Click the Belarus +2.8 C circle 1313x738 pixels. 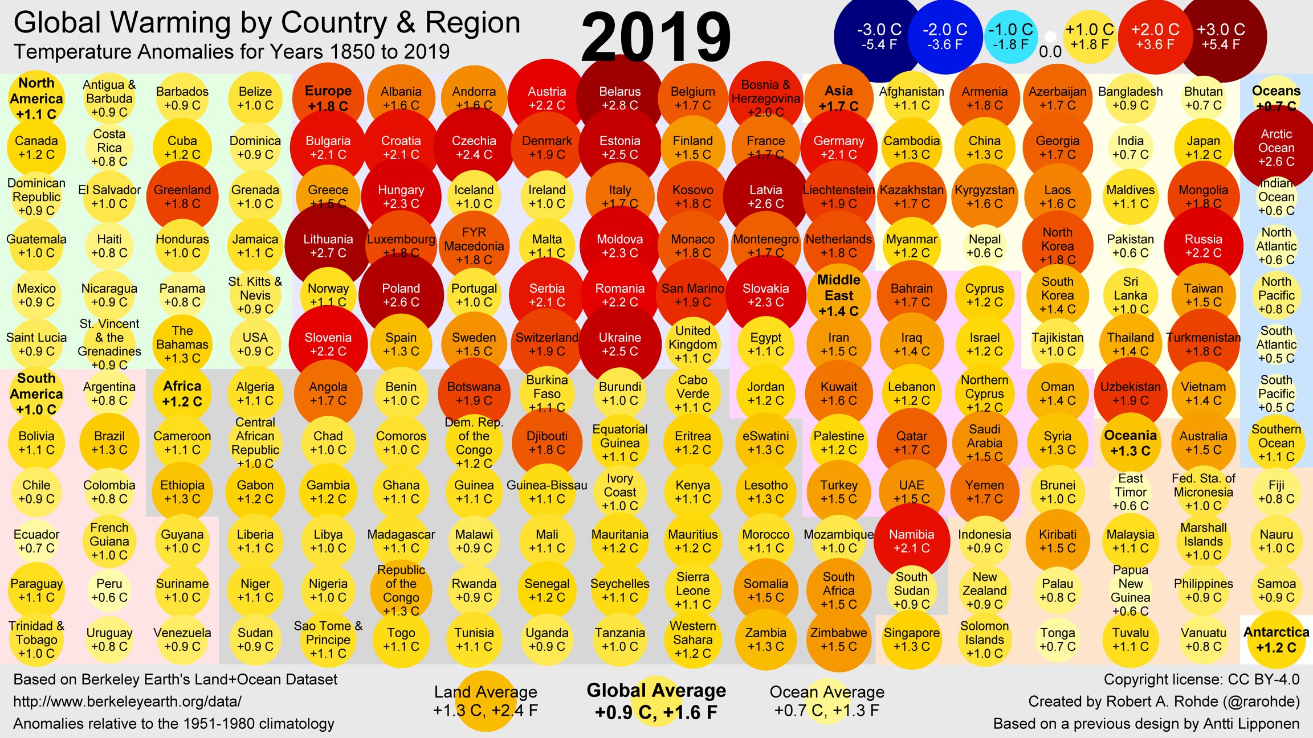pyautogui.click(x=620, y=98)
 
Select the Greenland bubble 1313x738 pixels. pyautogui.click(x=182, y=197)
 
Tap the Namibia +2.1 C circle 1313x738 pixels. pyautogui.click(x=912, y=541)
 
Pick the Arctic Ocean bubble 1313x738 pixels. pyautogui.click(x=1277, y=147)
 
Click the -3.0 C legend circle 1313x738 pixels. pyautogui.click(x=879, y=36)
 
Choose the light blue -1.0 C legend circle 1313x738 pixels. pyautogui.click(x=1010, y=36)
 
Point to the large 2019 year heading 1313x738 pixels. pyautogui.click(x=656, y=36)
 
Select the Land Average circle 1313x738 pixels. pyautogui.click(x=486, y=701)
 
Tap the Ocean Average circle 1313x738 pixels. pyautogui.click(x=827, y=701)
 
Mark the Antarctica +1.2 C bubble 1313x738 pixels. pyautogui.click(x=1277, y=639)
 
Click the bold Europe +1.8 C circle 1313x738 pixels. pyautogui.click(x=328, y=98)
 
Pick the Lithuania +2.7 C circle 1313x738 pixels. pyautogui.click(x=328, y=246)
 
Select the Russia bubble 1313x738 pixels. pyautogui.click(x=1204, y=246)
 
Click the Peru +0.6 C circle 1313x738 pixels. pyautogui.click(x=109, y=591)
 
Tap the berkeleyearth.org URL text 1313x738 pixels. pyautogui.click(x=127, y=702)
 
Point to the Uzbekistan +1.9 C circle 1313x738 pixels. pyautogui.click(x=1131, y=393)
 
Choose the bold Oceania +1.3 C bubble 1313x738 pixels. pyautogui.click(x=1131, y=443)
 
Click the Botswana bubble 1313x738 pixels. pyautogui.click(x=474, y=393)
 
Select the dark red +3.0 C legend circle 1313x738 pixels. pyautogui.click(x=1221, y=36)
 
